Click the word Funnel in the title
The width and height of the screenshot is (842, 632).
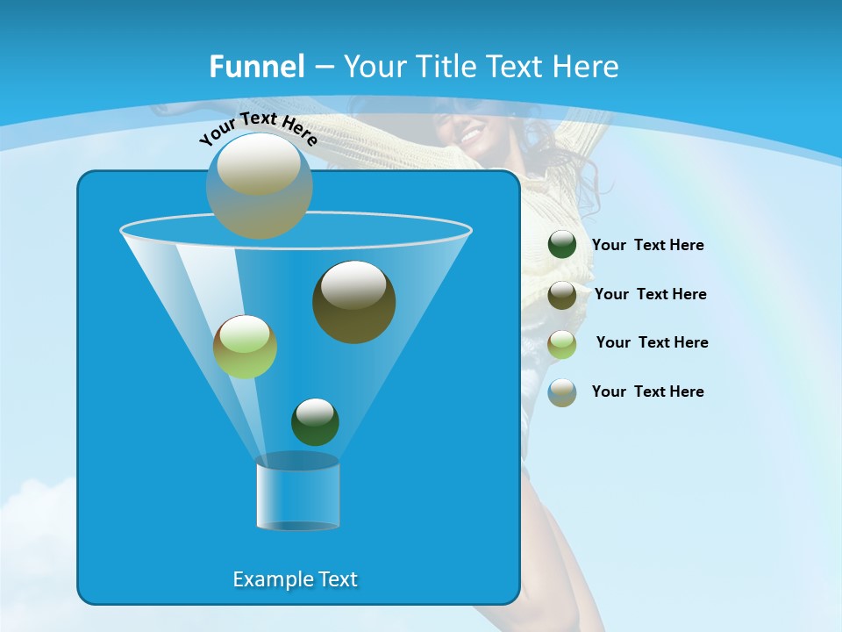[256, 67]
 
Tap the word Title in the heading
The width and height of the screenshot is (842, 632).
[447, 67]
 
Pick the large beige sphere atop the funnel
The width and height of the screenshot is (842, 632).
[259, 185]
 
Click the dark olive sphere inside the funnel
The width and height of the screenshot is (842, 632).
[353, 301]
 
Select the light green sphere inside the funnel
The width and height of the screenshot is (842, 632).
[245, 347]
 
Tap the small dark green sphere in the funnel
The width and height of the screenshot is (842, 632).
[315, 421]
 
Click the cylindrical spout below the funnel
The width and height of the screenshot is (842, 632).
[297, 493]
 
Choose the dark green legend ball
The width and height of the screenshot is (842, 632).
[562, 244]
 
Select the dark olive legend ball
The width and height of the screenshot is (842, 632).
[562, 295]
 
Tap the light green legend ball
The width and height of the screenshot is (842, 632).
[562, 344]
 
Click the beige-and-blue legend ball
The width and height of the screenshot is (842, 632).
[562, 392]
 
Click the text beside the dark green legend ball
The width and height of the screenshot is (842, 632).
[647, 246]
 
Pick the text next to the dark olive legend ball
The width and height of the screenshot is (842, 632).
[650, 295]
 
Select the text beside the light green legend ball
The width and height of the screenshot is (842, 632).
[652, 343]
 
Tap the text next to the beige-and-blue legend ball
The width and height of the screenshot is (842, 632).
[647, 391]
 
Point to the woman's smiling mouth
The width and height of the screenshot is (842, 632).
[471, 137]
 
